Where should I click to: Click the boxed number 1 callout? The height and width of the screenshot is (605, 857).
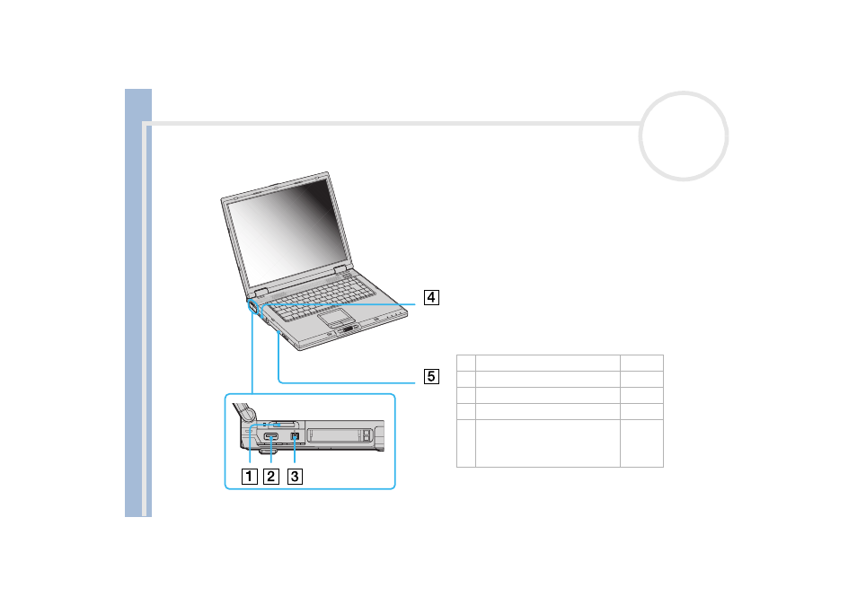[249, 476]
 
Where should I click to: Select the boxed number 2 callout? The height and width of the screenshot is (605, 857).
[271, 476]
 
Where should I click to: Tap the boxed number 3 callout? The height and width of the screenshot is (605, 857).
[295, 476]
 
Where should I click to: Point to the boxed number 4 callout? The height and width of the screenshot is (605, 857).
[431, 298]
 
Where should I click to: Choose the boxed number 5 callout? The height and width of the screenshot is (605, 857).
[431, 376]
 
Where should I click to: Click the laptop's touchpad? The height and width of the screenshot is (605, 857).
[337, 316]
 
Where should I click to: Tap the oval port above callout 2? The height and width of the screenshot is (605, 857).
[271, 436]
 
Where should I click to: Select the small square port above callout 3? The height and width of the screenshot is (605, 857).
[295, 436]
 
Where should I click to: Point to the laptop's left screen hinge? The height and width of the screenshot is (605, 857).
[261, 292]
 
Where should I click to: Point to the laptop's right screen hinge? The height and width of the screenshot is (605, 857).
[340, 268]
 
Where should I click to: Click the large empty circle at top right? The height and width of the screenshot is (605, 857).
[684, 93]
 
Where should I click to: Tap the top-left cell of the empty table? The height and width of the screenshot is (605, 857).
[466, 364]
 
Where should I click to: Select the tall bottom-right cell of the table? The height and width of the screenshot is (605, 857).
[641, 443]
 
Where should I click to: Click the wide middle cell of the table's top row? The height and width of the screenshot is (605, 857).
[548, 364]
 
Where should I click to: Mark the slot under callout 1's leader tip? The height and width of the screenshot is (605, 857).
[284, 424]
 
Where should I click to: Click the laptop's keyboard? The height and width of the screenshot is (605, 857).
[323, 298]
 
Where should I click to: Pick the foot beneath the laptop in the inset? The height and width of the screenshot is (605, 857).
[267, 451]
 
